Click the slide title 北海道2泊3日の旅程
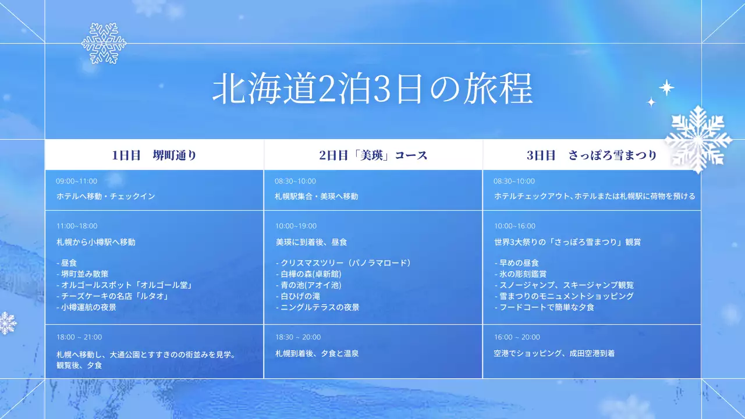point(372,89)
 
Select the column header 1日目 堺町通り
point(154,155)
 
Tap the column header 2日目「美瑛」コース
point(373,155)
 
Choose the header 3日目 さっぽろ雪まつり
point(591,155)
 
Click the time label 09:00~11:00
point(76,181)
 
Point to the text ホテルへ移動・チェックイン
point(106,196)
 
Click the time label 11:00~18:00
point(77,226)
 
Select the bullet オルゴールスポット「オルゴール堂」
point(125,285)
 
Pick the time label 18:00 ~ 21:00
point(79,337)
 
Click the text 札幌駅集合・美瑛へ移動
point(317,196)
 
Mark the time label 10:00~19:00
point(296,226)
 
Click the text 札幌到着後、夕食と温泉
point(317,353)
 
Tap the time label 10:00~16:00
point(515,226)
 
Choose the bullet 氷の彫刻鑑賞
point(520,274)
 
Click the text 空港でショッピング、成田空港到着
point(554,353)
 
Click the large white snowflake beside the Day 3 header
point(698,139)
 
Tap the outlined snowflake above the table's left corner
point(104,43)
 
